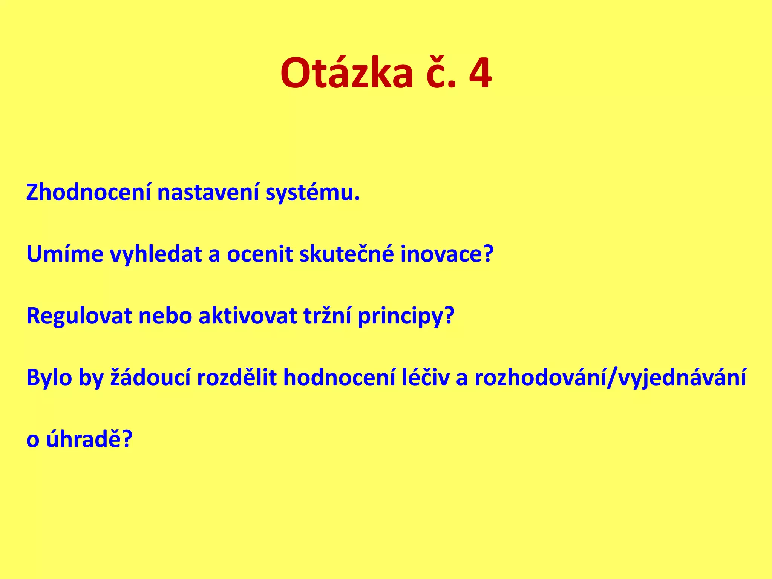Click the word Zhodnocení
coord(88,193)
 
